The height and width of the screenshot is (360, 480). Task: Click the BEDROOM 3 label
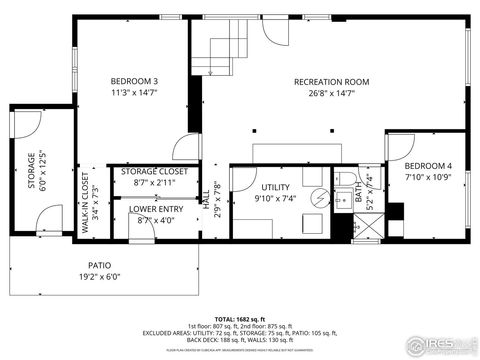[x=134, y=81]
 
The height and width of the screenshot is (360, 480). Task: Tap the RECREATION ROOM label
[x=331, y=81]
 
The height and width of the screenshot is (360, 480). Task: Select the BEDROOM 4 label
[x=427, y=165]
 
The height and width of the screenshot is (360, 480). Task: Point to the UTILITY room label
[x=274, y=187]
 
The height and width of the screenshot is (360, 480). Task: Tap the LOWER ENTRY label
[x=154, y=208]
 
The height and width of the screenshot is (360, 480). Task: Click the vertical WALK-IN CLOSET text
[x=85, y=196]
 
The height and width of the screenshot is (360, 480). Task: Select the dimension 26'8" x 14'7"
[x=331, y=92]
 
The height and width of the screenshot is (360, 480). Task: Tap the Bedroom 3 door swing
[x=180, y=146]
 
